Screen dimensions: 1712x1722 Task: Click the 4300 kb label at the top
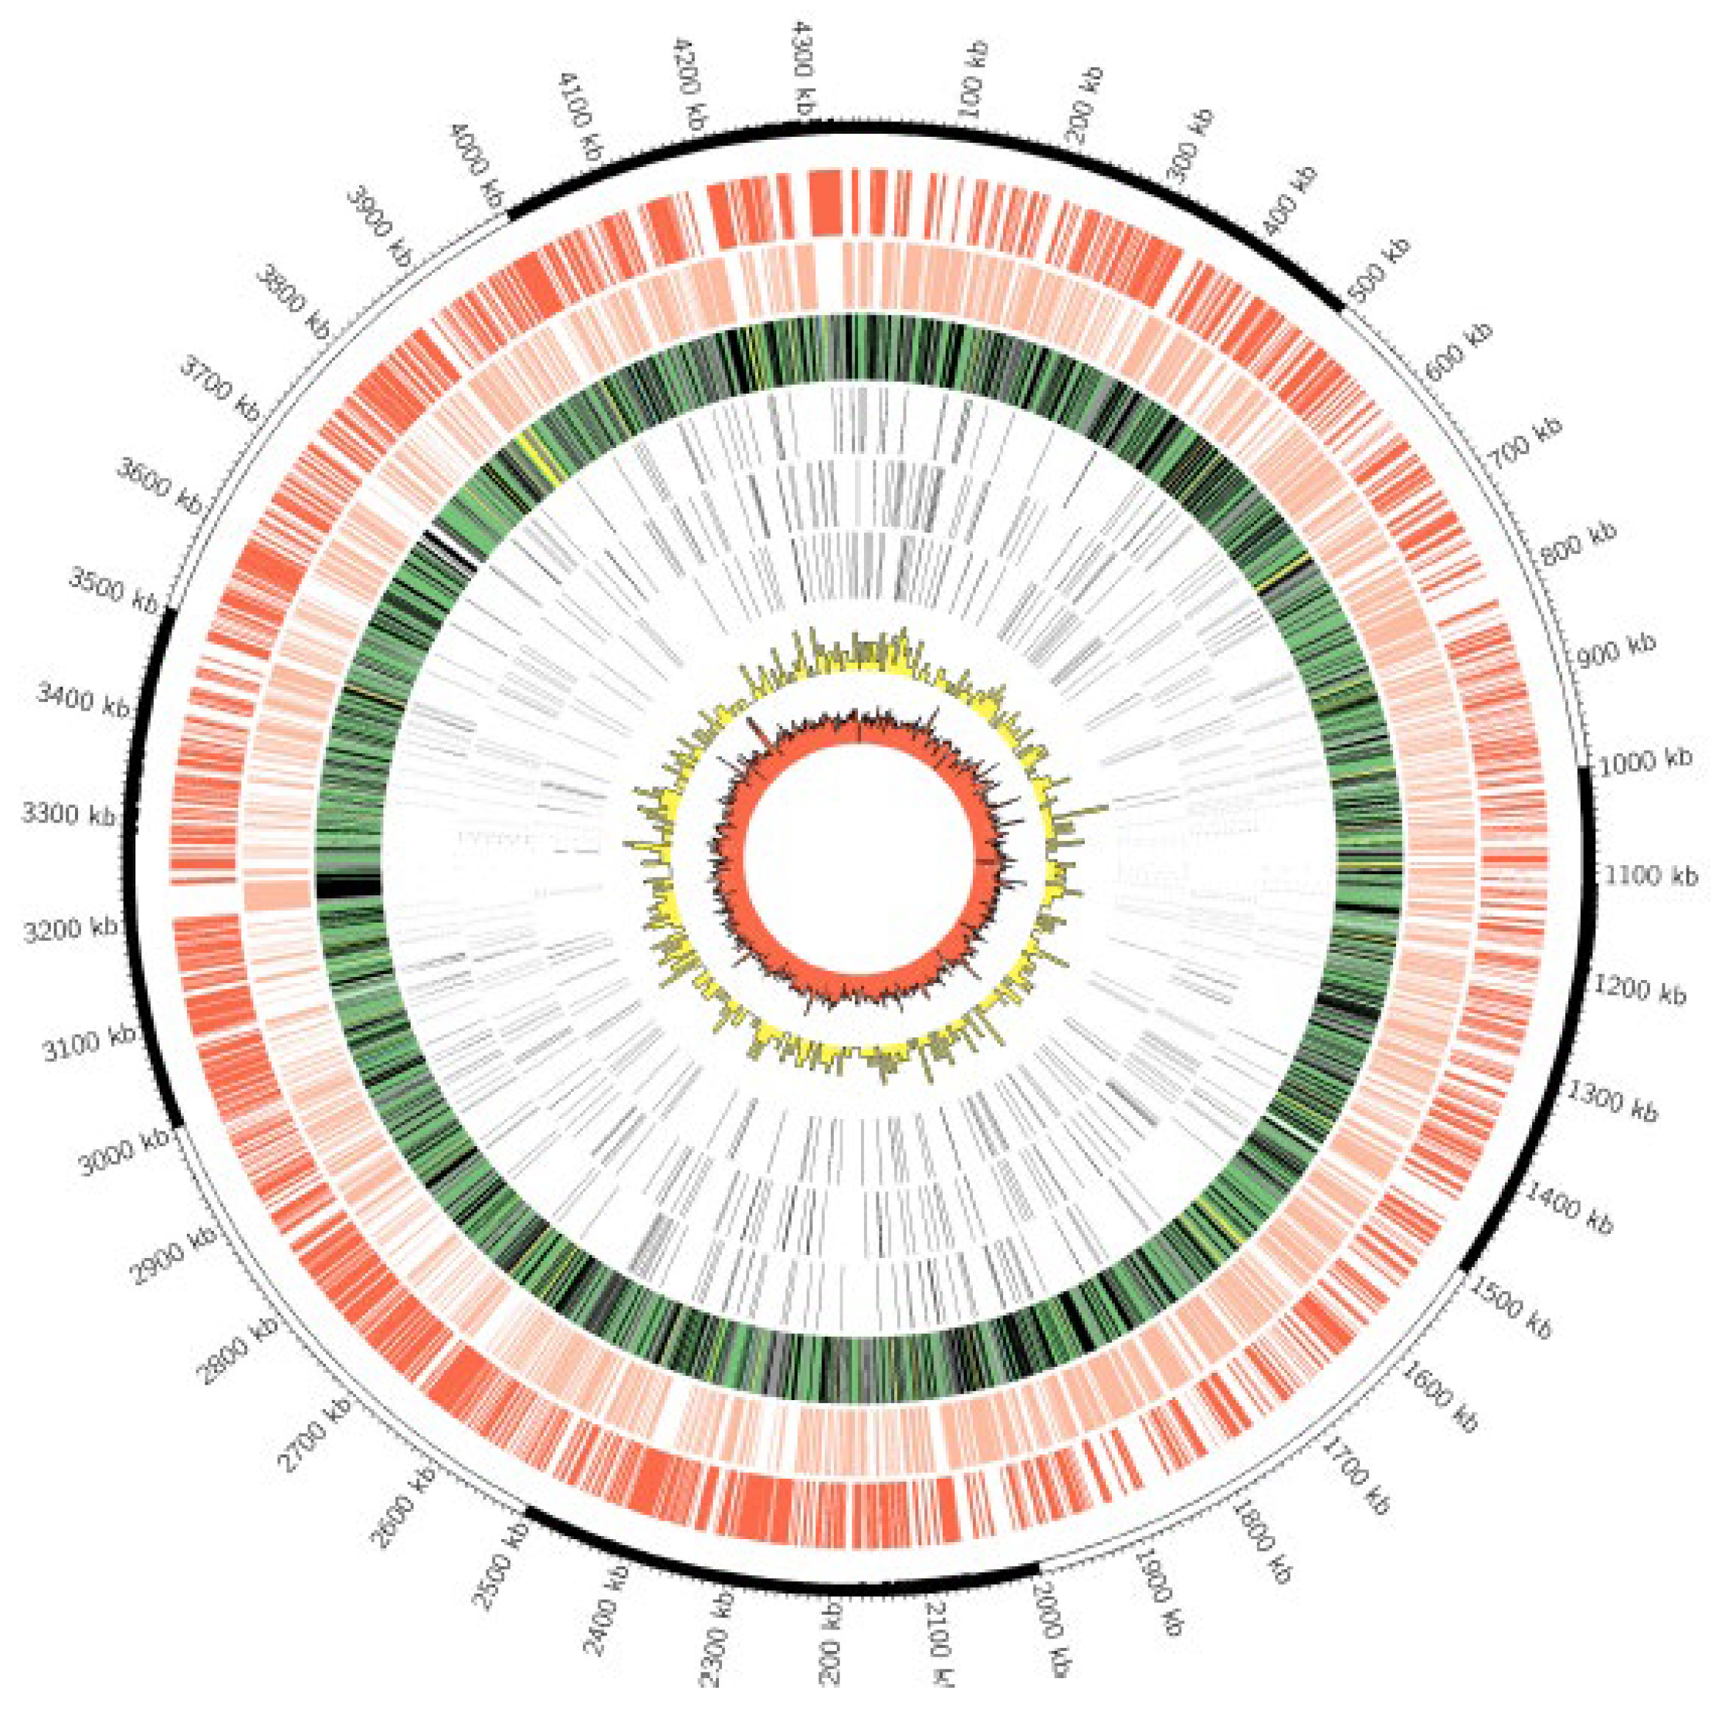805,75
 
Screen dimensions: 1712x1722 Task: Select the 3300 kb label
68,815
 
